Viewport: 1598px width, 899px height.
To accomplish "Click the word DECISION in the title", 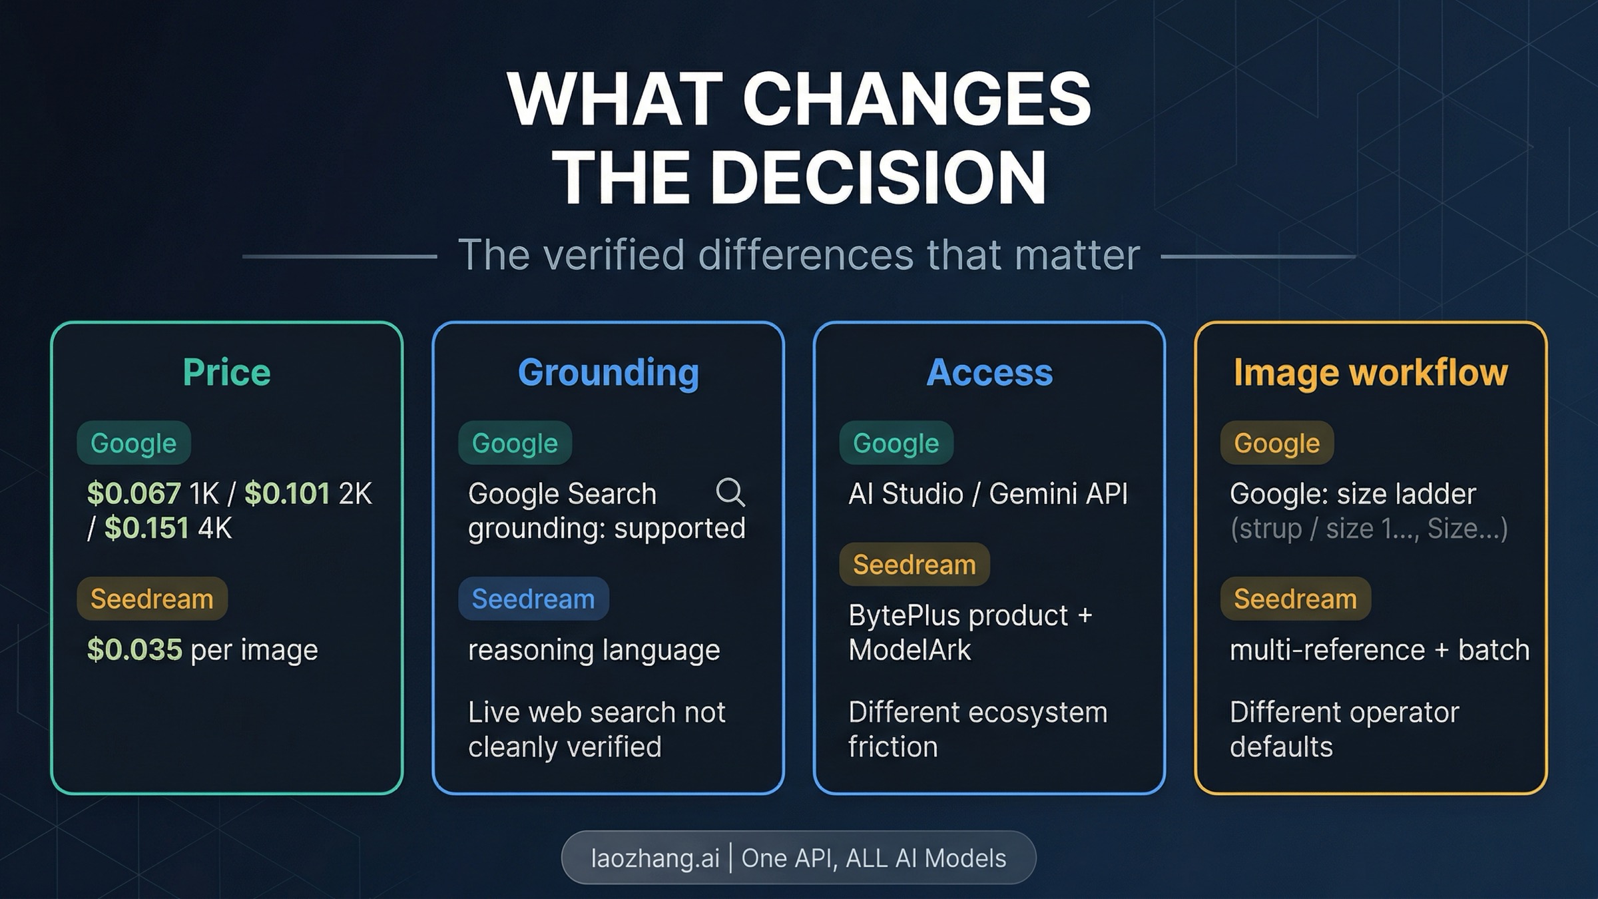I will tap(878, 177).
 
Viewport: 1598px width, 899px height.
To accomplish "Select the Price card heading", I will tap(226, 372).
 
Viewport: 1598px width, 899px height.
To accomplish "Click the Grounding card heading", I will tap(608, 372).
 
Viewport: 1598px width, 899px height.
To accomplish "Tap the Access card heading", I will tap(989, 372).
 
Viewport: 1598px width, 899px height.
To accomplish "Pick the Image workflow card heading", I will tap(1370, 372).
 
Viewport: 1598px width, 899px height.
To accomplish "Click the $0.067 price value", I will tap(134, 494).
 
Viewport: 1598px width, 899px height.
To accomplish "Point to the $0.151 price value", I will tap(146, 529).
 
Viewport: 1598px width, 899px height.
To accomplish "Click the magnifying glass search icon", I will tap(730, 493).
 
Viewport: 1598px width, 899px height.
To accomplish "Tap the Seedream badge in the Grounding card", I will tap(533, 599).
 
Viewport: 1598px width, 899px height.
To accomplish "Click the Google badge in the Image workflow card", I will tap(1276, 443).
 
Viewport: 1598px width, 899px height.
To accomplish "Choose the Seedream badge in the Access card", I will tap(914, 565).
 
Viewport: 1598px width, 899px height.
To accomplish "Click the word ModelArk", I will tap(910, 650).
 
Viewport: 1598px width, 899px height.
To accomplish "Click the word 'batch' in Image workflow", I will tap(1493, 650).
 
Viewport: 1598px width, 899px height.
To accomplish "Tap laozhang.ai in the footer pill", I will tap(655, 858).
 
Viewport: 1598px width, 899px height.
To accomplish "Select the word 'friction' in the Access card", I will tap(893, 747).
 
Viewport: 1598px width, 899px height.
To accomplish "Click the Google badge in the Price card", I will tap(133, 443).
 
